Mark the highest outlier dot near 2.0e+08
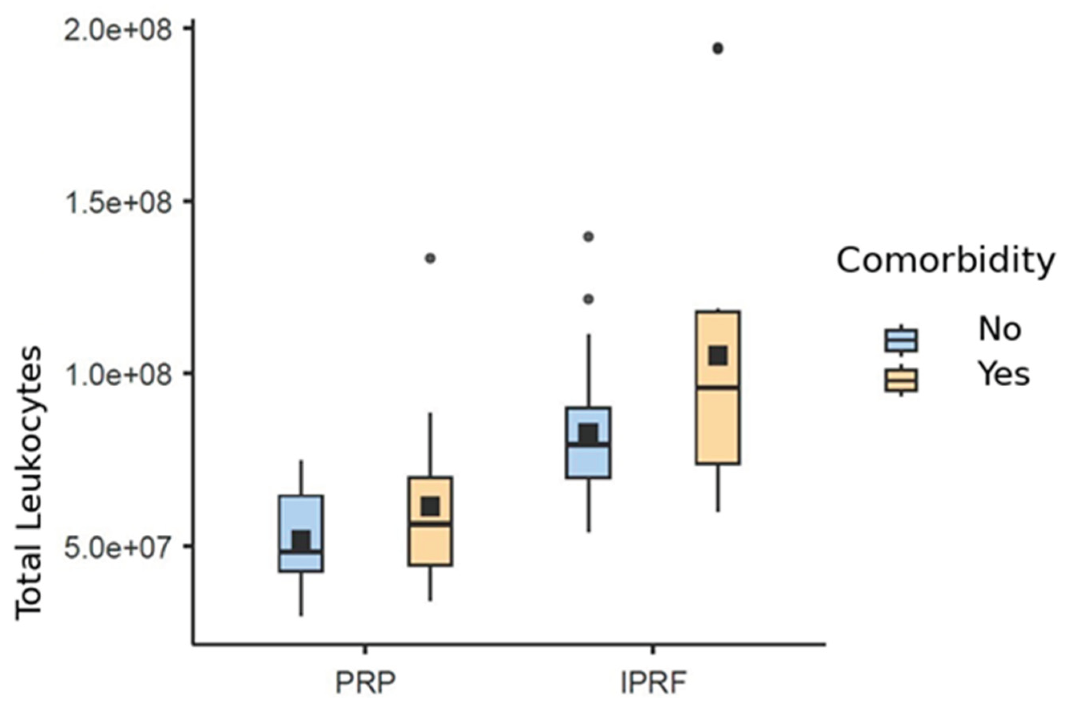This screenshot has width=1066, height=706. point(718,49)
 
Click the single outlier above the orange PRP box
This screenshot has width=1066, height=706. point(430,258)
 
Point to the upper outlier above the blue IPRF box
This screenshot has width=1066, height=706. point(588,236)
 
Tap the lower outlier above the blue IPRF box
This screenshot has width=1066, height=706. point(588,299)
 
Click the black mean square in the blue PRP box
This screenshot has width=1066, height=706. point(301,540)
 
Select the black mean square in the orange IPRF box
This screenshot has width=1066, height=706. point(718,356)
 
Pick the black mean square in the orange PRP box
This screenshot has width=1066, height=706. point(430,507)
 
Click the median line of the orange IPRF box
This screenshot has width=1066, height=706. point(718,387)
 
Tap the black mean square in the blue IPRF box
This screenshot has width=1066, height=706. point(588,434)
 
